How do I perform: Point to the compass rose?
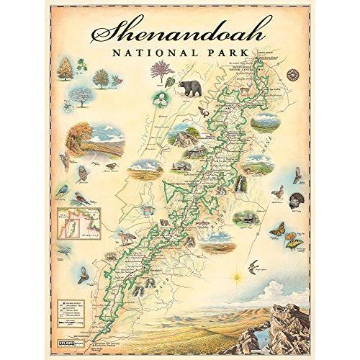(294, 73)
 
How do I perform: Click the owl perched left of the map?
(82, 173)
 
